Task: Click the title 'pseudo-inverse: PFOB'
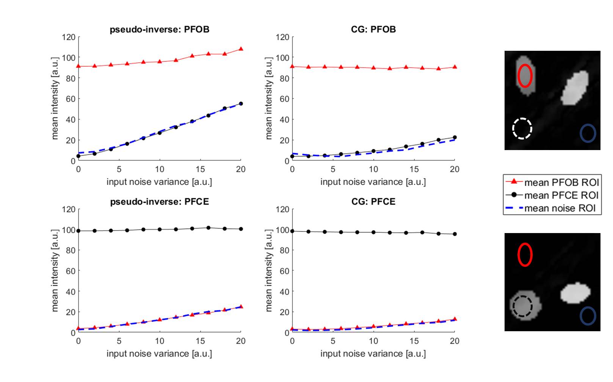pyautogui.click(x=159, y=30)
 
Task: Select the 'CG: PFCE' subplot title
pyautogui.click(x=373, y=202)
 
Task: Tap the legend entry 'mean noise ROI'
pyautogui.click(x=560, y=208)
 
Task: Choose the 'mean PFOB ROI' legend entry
pyautogui.click(x=561, y=183)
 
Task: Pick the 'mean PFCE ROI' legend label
pyautogui.click(x=561, y=196)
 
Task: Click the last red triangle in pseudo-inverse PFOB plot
pyautogui.click(x=241, y=49)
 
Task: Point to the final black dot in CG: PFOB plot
pyautogui.click(x=455, y=138)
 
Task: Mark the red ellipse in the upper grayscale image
pyautogui.click(x=525, y=76)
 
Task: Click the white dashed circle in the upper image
pyautogui.click(x=522, y=128)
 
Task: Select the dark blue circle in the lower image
pyautogui.click(x=588, y=316)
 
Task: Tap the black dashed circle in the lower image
pyautogui.click(x=522, y=306)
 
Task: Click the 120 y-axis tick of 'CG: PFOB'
pyautogui.click(x=282, y=37)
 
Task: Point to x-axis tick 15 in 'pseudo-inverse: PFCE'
pyautogui.click(x=200, y=341)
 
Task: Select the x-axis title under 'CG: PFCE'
pyautogui.click(x=373, y=354)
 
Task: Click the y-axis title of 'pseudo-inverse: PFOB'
pyautogui.click(x=55, y=99)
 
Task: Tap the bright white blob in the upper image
pyautogui.click(x=575, y=89)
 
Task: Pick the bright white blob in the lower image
pyautogui.click(x=575, y=293)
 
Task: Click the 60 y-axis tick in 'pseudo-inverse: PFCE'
pyautogui.click(x=71, y=271)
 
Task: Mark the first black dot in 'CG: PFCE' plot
pyautogui.click(x=292, y=231)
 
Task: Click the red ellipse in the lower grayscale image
pyautogui.click(x=525, y=255)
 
